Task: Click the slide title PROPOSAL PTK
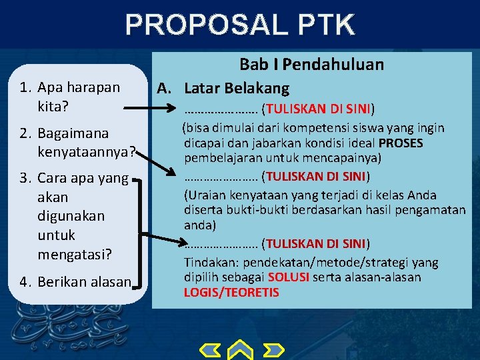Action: [239, 25]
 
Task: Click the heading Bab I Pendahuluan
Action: [311, 65]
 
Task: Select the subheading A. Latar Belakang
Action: [223, 87]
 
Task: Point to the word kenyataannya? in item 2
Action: [87, 153]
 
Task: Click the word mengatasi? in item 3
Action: [75, 254]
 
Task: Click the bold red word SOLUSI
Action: [288, 277]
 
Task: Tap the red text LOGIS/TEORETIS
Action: [231, 293]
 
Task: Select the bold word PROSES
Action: [400, 143]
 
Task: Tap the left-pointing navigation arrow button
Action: [211, 351]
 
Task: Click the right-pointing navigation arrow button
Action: [271, 351]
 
